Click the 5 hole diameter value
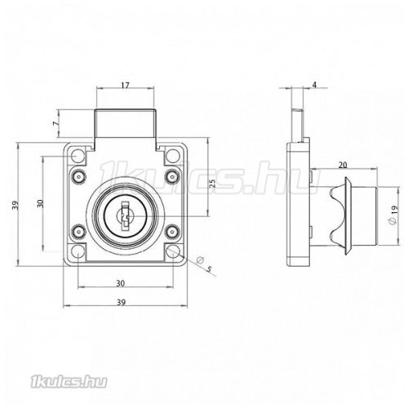click(209, 270)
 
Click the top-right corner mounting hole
click(173, 153)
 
